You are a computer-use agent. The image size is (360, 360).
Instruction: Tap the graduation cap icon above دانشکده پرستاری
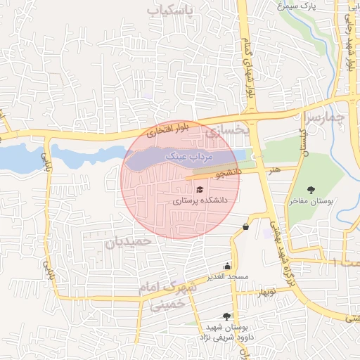[x=199, y=190]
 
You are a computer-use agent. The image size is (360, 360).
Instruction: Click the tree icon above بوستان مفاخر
[x=311, y=189]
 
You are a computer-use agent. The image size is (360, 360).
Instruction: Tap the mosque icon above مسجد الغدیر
[x=226, y=266]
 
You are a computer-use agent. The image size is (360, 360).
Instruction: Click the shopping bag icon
[x=245, y=226]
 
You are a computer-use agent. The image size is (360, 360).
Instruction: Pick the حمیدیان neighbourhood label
[x=129, y=242]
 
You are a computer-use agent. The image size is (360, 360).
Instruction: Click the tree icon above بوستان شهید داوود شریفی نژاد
[x=226, y=316]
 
